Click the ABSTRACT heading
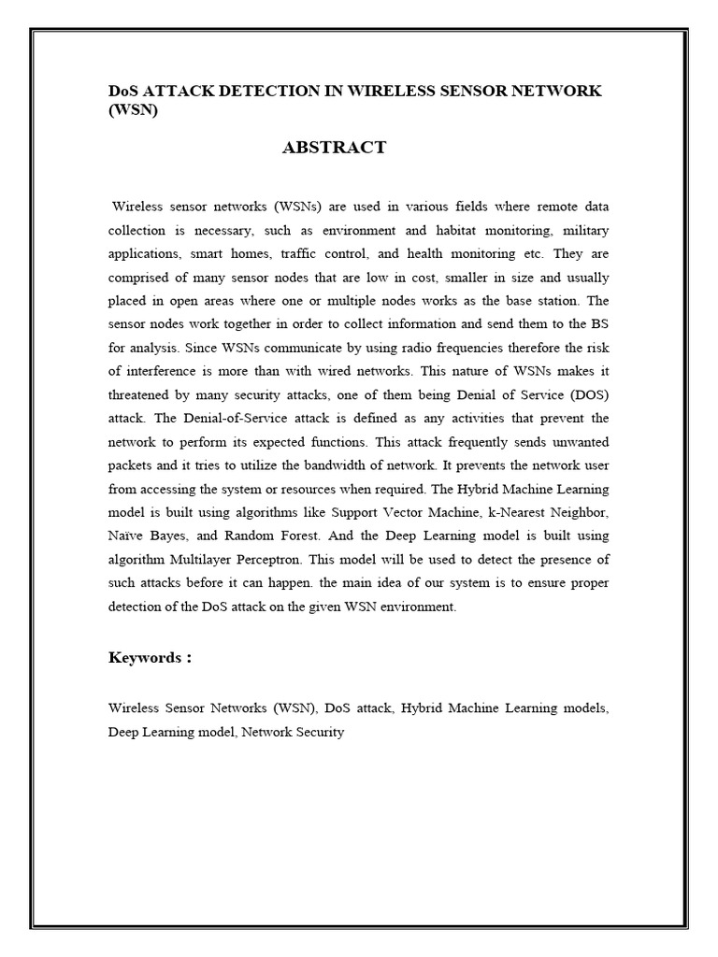334,148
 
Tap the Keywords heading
150,658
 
